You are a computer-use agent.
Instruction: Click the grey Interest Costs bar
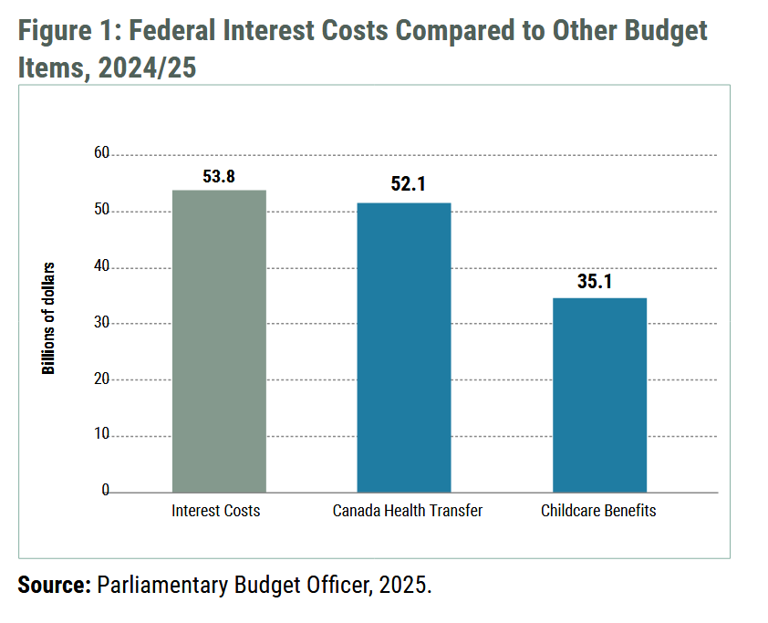[x=219, y=341]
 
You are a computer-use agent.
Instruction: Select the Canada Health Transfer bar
[x=404, y=348]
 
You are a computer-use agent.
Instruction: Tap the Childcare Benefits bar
[x=599, y=395]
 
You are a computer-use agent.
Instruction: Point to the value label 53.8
[x=219, y=177]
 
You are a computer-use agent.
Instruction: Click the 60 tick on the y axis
[x=100, y=154]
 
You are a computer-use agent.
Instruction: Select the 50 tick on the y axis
[x=100, y=211]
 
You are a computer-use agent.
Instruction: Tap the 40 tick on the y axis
[x=100, y=267]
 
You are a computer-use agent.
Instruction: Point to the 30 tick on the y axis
[x=100, y=323]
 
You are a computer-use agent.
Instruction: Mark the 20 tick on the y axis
[x=100, y=379]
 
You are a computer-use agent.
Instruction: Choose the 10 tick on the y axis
[x=100, y=436]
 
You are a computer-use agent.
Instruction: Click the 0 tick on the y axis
[x=105, y=492]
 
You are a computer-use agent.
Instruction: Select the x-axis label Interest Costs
[x=216, y=511]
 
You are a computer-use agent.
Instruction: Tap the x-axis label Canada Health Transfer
[x=408, y=511]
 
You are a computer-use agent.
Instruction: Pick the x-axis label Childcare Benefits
[x=598, y=511]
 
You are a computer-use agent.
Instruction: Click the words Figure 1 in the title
[x=66, y=31]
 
